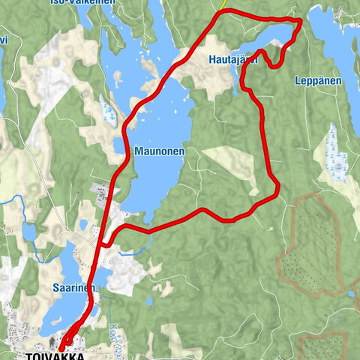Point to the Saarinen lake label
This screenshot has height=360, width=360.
73,288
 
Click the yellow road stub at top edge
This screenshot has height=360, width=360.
223,4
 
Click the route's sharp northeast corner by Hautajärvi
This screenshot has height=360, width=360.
301,20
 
